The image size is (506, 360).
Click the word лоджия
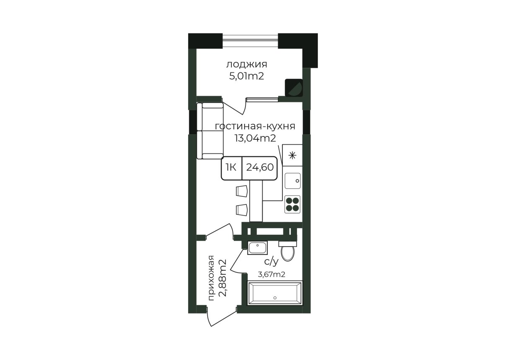coord(247,64)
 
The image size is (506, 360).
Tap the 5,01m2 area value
coord(247,76)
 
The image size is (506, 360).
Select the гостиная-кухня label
coord(255,126)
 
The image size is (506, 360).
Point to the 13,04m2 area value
coord(255,138)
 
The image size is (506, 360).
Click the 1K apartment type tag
coord(231,167)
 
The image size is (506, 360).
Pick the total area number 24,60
coord(260,167)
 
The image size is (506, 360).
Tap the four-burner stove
coord(292,204)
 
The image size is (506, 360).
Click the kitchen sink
coord(292,181)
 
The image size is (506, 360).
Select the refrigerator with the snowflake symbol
coord(292,155)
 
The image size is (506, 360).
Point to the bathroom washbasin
coord(257,248)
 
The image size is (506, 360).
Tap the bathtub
coord(275,293)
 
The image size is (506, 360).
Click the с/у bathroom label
coord(271,262)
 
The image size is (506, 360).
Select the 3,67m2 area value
coord(271,275)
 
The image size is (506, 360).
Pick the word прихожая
coord(211,278)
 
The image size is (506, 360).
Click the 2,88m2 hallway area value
coord(222,278)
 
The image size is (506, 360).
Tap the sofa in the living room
coord(210,131)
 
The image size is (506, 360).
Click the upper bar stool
coord(242,191)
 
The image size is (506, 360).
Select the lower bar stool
coord(242,210)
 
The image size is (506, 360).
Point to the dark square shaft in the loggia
coord(294,88)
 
